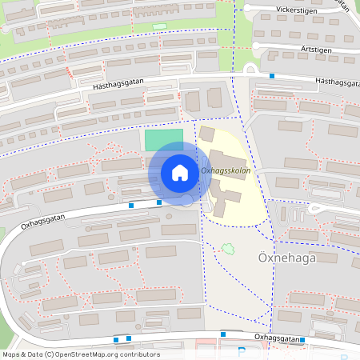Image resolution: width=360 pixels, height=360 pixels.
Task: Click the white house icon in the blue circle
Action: pyautogui.click(x=179, y=173)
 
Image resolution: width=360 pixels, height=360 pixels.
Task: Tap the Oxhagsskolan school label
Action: pyautogui.click(x=226, y=170)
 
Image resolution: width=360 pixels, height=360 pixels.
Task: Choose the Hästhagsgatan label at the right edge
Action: pyautogui.click(x=337, y=81)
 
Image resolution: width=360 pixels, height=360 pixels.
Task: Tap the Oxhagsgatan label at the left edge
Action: pyautogui.click(x=42, y=222)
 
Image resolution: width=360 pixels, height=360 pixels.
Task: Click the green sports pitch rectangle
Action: pyautogui.click(x=164, y=139)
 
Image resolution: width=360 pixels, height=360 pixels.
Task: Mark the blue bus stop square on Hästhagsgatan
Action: pyautogui.click(x=272, y=76)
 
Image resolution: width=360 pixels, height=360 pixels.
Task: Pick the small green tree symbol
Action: pyautogui.click(x=228, y=248)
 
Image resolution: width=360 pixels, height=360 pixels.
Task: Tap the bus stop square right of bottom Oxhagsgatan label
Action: pyautogui.click(x=302, y=340)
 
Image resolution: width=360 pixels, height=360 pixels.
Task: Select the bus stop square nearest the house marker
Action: pyautogui.click(x=159, y=202)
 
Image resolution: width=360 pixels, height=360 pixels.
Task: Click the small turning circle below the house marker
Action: pyautogui.click(x=187, y=200)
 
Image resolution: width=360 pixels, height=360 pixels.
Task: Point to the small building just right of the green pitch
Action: pyautogui.click(x=206, y=134)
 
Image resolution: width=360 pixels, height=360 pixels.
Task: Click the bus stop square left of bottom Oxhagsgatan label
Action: pyautogui.click(x=223, y=334)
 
